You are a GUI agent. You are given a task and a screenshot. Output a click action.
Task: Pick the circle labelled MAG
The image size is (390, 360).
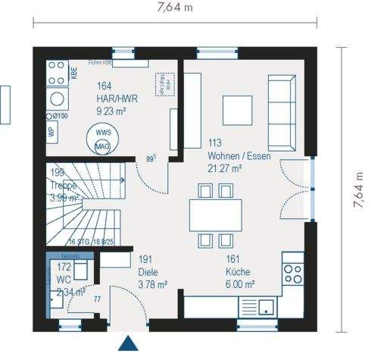[x=102, y=146]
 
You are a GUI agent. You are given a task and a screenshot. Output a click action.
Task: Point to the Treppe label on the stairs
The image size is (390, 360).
[x=64, y=184]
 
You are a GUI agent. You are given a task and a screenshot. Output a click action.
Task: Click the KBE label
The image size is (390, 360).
[x=74, y=73]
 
